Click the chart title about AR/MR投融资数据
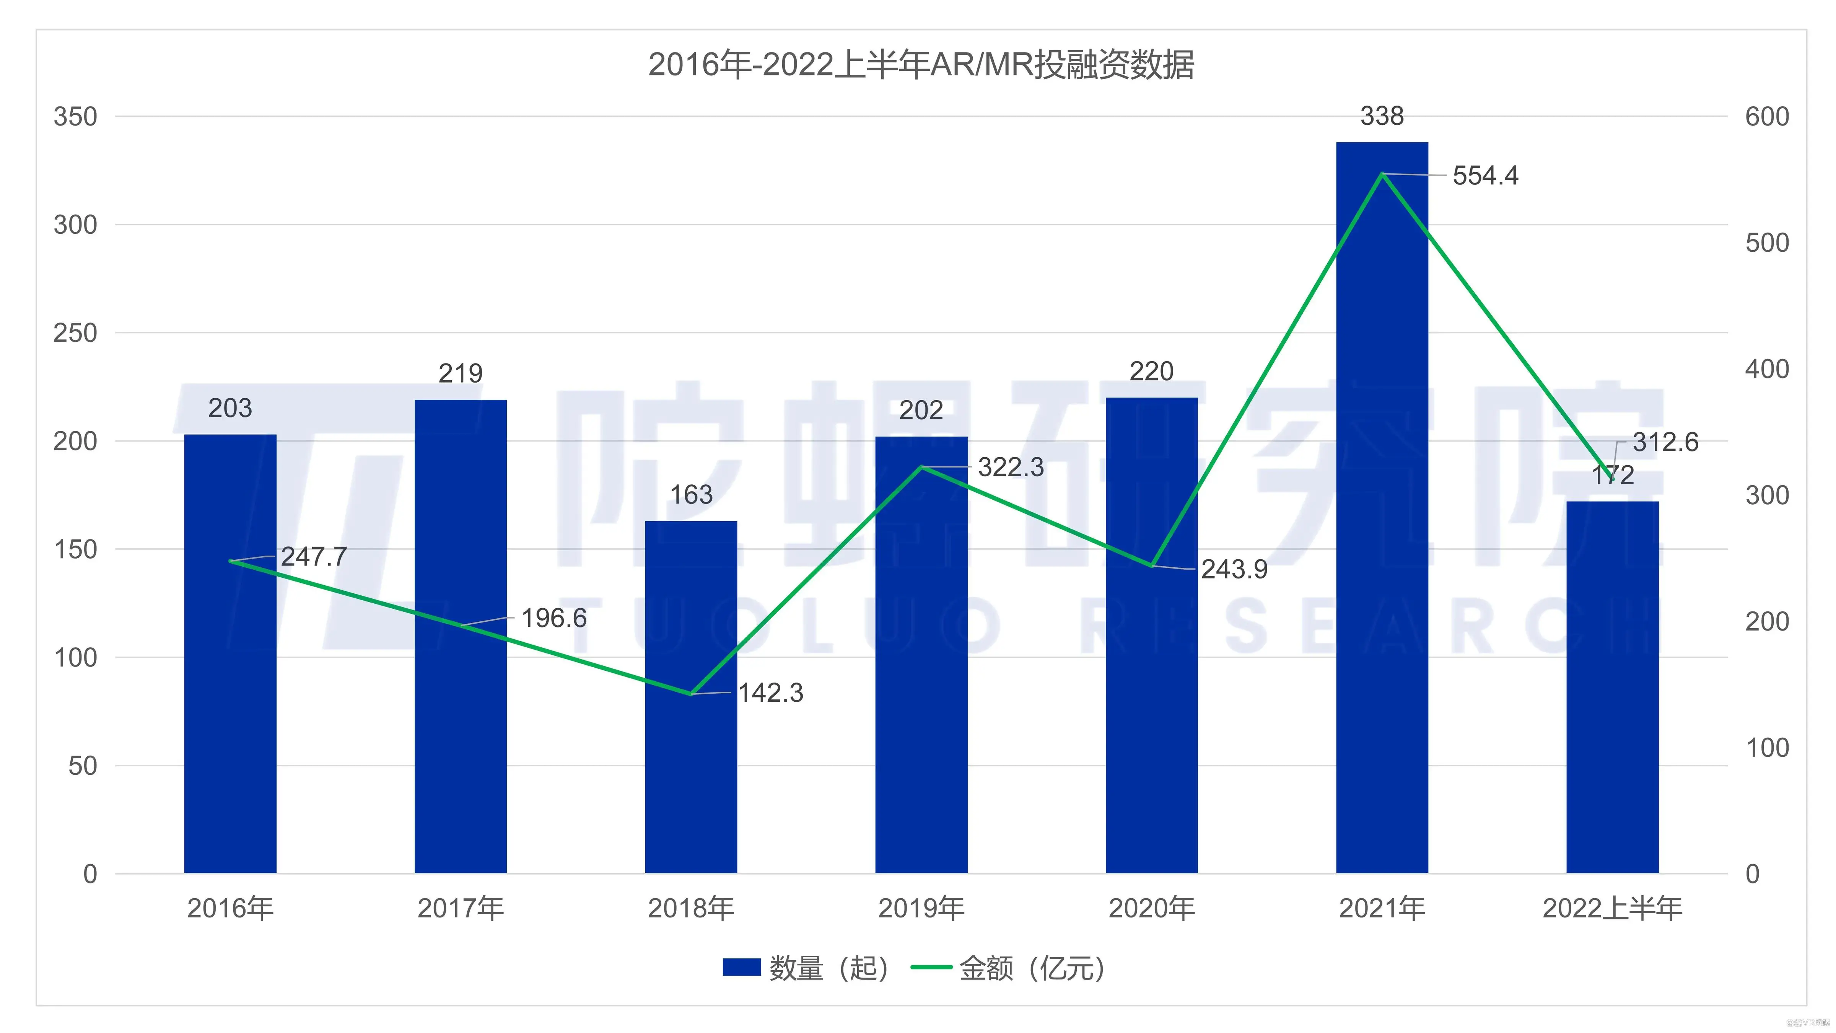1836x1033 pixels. point(921,65)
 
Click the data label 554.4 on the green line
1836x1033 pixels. point(1485,175)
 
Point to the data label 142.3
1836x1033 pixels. point(770,693)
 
